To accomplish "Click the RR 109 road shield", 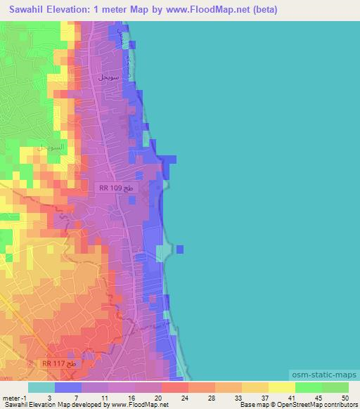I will tap(115, 190).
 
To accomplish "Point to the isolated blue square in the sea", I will tap(180, 249).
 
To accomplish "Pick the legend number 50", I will tap(344, 398).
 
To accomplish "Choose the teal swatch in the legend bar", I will tap(42, 387).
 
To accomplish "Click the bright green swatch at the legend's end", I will tap(335, 387).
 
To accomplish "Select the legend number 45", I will tap(319, 398).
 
